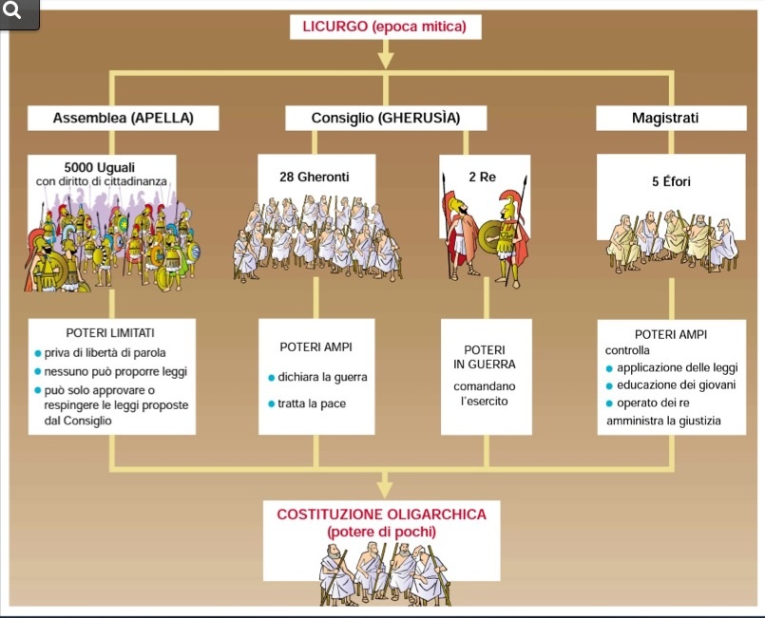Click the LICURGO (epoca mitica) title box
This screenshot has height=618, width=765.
(x=385, y=27)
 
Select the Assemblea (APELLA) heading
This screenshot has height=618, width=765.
(x=124, y=119)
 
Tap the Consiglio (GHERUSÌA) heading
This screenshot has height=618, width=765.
(x=386, y=119)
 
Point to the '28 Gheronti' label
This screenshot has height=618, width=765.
(x=314, y=177)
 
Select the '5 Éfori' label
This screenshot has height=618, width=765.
(x=671, y=181)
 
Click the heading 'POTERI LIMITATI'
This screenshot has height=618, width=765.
(x=111, y=334)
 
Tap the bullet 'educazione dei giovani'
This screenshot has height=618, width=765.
(x=676, y=384)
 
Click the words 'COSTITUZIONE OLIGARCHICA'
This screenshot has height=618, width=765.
(x=381, y=515)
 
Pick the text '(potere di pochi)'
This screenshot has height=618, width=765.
(x=381, y=532)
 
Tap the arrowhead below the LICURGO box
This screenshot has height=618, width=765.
(x=385, y=60)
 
